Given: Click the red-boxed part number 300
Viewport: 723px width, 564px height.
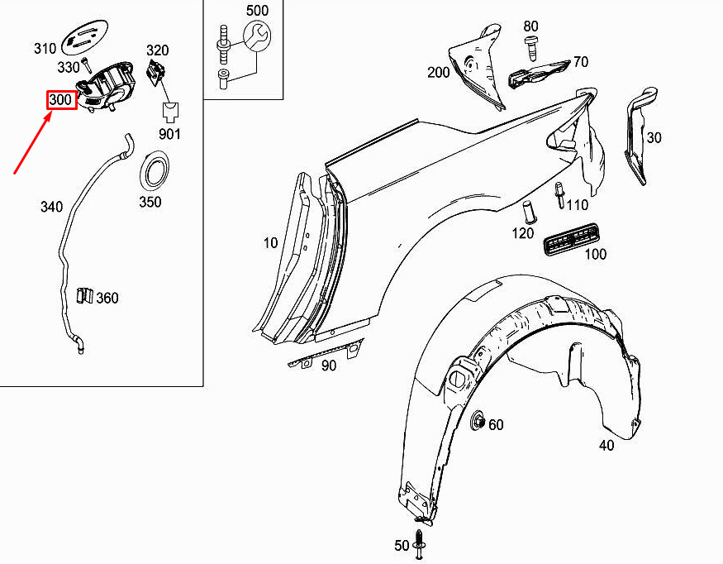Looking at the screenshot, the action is tap(61, 100).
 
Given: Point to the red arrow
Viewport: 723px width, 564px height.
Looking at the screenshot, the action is tap(32, 143).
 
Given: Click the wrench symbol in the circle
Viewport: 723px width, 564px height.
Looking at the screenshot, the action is tap(257, 37).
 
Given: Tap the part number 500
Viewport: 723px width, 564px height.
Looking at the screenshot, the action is tap(257, 10).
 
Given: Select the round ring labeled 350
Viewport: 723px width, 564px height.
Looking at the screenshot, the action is tap(155, 170).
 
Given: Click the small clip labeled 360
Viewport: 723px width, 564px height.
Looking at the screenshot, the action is tap(84, 296).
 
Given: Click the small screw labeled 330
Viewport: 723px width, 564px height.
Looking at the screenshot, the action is tap(86, 65).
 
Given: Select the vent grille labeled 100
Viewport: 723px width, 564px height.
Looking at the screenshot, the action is tap(572, 239).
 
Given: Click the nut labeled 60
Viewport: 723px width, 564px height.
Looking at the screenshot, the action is tap(478, 421).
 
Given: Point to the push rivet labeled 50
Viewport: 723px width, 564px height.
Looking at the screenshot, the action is tap(419, 545).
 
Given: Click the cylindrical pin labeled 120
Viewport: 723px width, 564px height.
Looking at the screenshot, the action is tap(528, 213).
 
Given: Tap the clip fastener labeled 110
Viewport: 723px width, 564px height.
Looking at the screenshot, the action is tap(559, 195).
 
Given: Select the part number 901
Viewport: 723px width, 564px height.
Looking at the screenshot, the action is tap(169, 134).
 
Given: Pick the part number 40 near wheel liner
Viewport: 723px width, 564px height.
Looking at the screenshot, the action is tap(606, 445).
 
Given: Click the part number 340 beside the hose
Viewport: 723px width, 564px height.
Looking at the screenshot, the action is tap(51, 206).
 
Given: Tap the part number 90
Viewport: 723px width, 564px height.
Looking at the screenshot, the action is tap(329, 366).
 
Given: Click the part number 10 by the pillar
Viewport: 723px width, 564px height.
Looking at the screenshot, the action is tap(271, 242).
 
